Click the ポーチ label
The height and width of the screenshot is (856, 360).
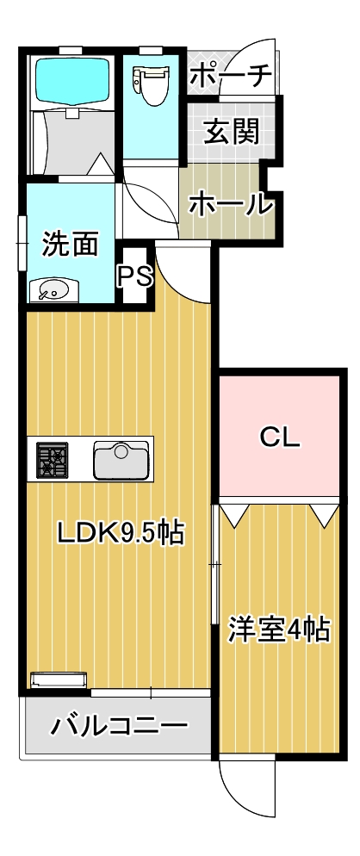click(x=229, y=75)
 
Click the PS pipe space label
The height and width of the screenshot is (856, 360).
click(x=134, y=276)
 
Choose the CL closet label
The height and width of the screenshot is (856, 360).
click(x=280, y=437)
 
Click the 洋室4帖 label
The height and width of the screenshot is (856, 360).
click(x=279, y=630)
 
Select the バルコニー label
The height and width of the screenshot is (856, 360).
click(x=118, y=726)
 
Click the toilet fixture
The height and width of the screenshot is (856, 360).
click(x=150, y=82)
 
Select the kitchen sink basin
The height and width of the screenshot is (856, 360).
click(x=122, y=460)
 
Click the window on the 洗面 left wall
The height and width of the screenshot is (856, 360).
click(x=22, y=243)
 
